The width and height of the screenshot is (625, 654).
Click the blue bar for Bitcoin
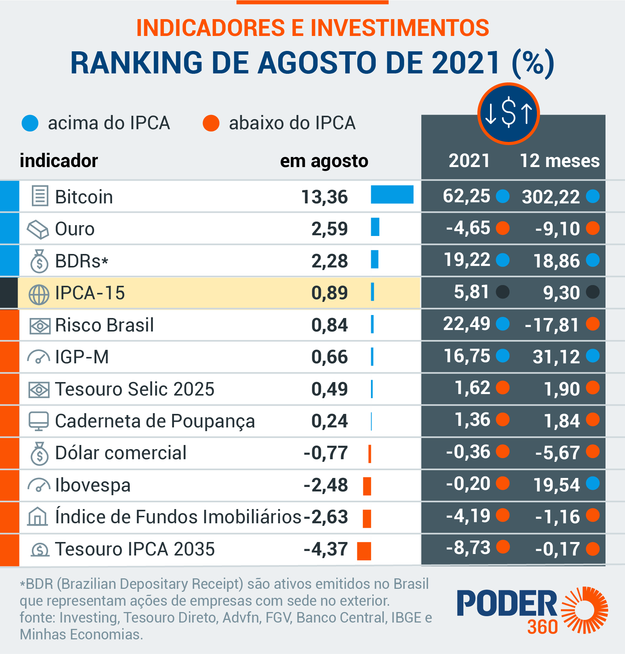coord(392,194)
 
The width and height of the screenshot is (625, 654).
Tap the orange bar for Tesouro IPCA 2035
coord(364,551)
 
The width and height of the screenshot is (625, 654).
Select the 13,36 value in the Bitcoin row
coord(324,197)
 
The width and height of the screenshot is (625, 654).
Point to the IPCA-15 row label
coord(90,293)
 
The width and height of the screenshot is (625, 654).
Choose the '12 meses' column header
coord(559,161)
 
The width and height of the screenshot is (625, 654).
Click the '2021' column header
coord(469,161)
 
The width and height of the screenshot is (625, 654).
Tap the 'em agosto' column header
coord(324,161)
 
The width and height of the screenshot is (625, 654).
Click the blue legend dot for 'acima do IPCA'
coord(30,123)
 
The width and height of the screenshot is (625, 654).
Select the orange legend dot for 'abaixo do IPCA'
coord(211,123)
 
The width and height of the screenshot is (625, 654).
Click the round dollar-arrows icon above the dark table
coord(508,113)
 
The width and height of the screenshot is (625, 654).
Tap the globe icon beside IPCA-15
coord(39,294)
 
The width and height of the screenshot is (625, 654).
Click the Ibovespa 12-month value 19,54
coord(556,485)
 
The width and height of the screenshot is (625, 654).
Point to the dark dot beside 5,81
coord(502,291)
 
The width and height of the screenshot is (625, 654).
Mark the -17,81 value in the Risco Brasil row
coord(552,325)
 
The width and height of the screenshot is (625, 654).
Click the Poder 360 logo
coord(532,611)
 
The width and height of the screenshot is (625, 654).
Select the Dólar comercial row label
coord(121,453)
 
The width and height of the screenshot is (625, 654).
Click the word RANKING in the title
coord(136,63)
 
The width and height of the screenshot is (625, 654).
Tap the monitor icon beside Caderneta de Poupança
coord(39,421)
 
